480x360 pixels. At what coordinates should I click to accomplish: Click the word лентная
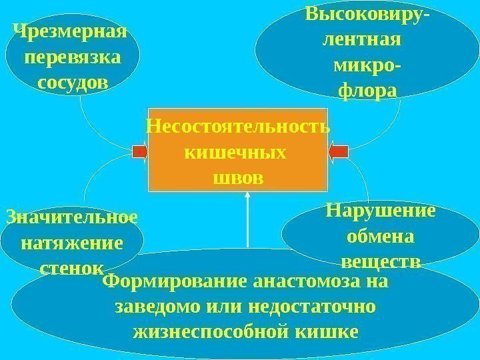(361, 40)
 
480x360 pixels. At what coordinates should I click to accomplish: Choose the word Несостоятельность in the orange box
(238, 126)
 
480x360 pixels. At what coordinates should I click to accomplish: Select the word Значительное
(71, 217)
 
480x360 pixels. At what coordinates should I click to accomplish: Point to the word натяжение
(72, 243)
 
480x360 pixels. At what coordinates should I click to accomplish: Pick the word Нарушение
(381, 211)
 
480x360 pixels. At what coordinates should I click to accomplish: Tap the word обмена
(381, 236)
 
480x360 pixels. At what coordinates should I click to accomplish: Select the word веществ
(381, 261)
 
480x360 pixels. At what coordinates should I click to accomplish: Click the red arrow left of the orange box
(140, 152)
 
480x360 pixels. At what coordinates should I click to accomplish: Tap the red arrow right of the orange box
(338, 152)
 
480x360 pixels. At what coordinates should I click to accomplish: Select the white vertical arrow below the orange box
(247, 220)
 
